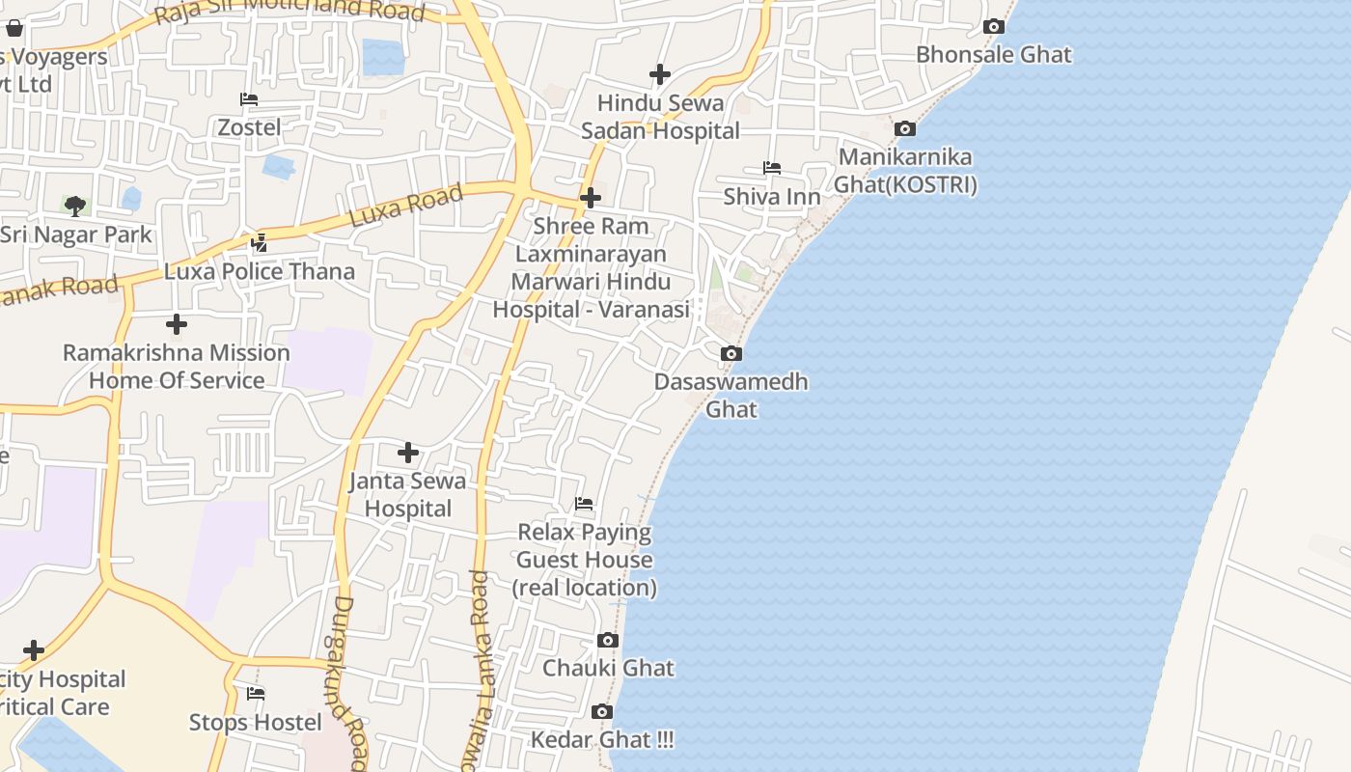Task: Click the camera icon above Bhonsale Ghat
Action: click(x=993, y=27)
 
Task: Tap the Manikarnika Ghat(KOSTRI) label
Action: click(x=905, y=171)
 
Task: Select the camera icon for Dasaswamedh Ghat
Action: click(x=731, y=354)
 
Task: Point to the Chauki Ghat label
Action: click(x=608, y=668)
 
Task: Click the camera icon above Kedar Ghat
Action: click(x=602, y=712)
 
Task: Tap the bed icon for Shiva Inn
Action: click(x=772, y=168)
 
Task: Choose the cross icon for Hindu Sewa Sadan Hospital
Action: click(x=660, y=74)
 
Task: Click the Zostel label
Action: click(x=249, y=127)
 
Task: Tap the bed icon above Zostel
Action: click(x=249, y=99)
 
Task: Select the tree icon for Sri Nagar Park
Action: click(x=74, y=206)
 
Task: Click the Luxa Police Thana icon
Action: click(x=259, y=242)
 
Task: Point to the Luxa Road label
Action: click(x=405, y=206)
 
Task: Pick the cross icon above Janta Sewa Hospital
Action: click(x=408, y=452)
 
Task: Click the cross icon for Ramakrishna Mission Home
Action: click(x=177, y=324)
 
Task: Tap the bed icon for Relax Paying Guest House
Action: click(x=584, y=504)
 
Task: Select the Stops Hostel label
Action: click(x=255, y=722)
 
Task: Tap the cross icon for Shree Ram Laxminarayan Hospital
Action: click(x=591, y=199)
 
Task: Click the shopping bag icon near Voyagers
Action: click(x=14, y=28)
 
